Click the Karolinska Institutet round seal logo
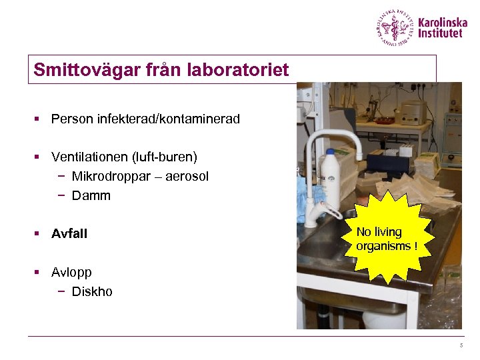(395, 28)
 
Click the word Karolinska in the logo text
(443, 23)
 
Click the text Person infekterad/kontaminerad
(145, 119)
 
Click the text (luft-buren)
(164, 157)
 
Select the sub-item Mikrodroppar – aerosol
(140, 176)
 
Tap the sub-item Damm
(91, 195)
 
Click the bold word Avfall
(69, 233)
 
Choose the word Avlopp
(71, 272)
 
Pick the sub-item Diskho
(92, 291)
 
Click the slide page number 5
(460, 345)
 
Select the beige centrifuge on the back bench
(411, 112)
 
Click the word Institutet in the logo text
(440, 33)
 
